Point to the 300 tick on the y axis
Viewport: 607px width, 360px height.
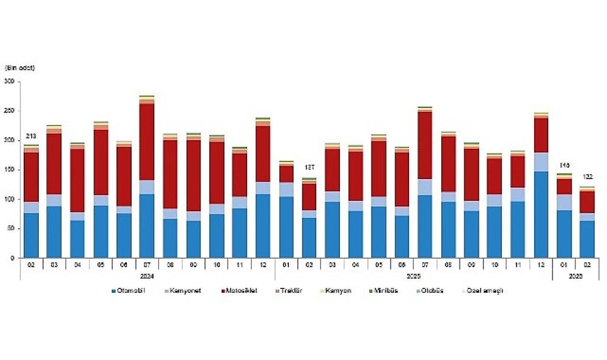pyautogui.click(x=9, y=81)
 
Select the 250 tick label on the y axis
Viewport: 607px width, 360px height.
pyautogui.click(x=9, y=111)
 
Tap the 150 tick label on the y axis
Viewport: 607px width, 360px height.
pyautogui.click(x=9, y=170)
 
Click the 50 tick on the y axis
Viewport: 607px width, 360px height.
pyautogui.click(x=11, y=229)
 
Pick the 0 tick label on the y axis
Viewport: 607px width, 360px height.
pyautogui.click(x=13, y=258)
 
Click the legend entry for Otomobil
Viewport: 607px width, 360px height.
pyautogui.click(x=129, y=291)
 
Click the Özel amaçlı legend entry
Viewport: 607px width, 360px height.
pyautogui.click(x=482, y=291)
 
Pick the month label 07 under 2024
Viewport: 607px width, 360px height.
pyautogui.click(x=147, y=265)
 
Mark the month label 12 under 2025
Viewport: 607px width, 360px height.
pyautogui.click(x=540, y=265)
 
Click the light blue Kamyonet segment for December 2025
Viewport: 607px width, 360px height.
pyautogui.click(x=540, y=161)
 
